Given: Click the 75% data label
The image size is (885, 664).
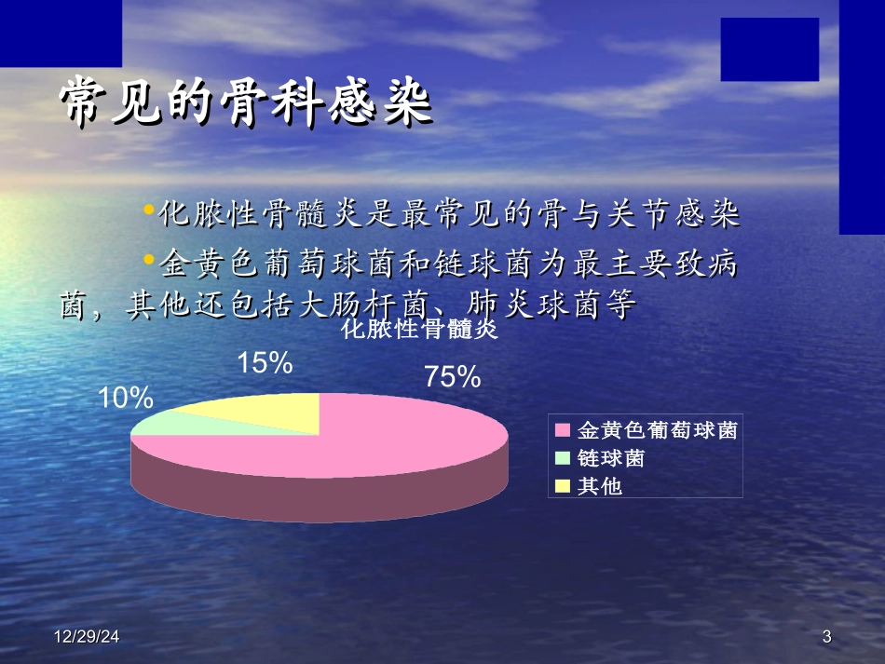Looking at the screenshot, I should pos(452,377).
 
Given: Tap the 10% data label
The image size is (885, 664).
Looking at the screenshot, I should pos(126,399).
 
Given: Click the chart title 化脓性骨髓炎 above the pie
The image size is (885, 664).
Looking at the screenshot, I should pos(421,331).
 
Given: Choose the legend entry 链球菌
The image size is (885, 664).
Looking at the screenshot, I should pos(610,458).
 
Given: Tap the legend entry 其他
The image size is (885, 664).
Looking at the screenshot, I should pos(599,485).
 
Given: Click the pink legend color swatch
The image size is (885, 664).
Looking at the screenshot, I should pos(562,431).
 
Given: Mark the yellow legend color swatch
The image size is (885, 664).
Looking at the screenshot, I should pos(562,485).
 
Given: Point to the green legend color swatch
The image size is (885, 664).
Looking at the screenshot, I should pos(562,458).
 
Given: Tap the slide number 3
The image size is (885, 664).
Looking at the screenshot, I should pos(826,638).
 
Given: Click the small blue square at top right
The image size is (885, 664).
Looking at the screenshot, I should pos(769,49).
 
